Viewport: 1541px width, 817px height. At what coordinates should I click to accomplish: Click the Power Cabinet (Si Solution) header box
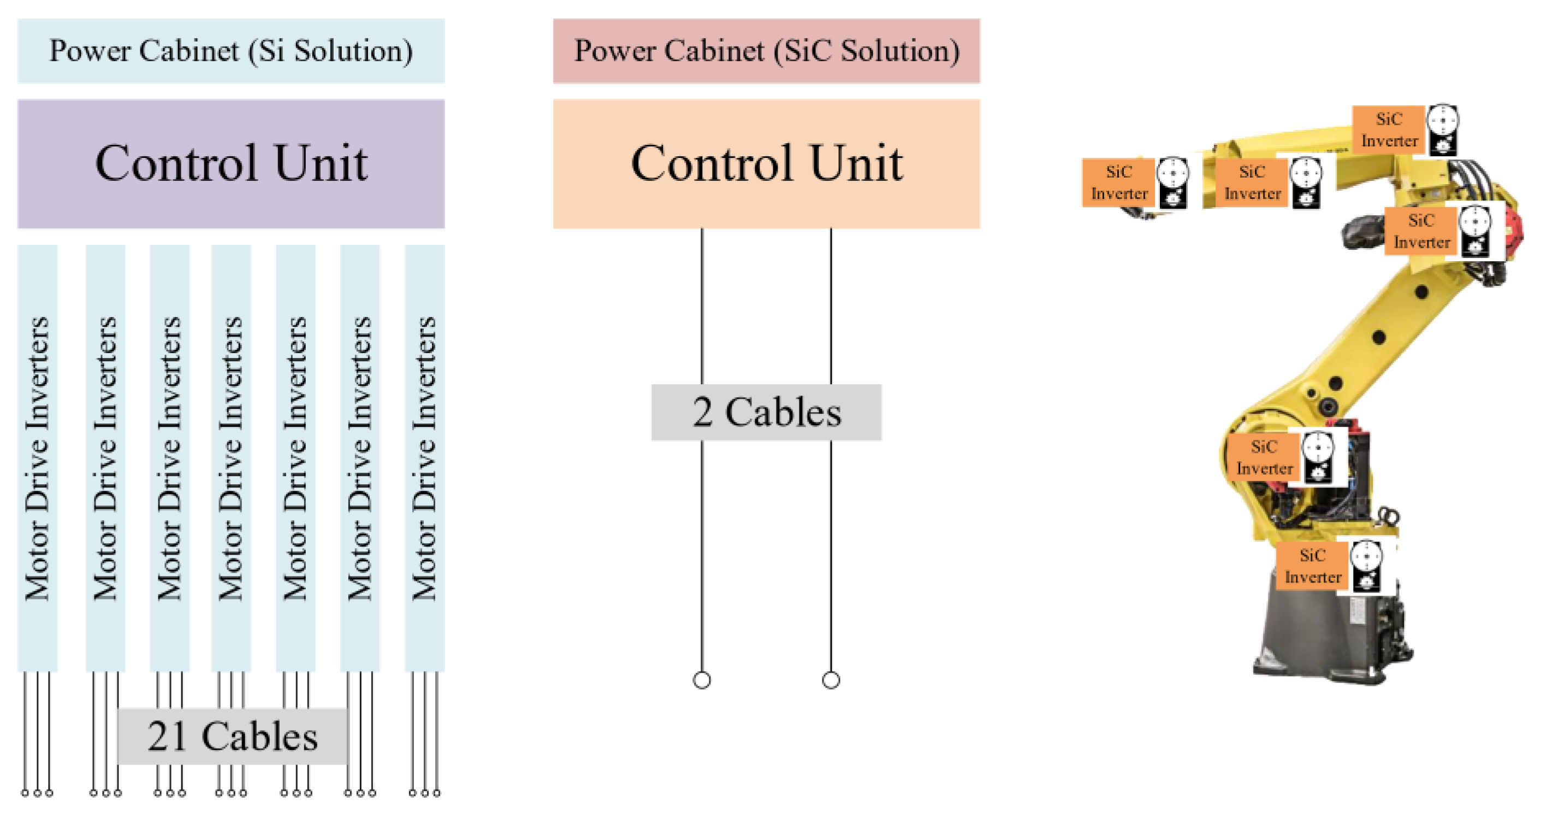coord(231,51)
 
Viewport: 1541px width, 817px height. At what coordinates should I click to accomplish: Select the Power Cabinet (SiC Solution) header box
coord(766,51)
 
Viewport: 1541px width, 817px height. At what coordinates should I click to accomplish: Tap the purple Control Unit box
coord(231,163)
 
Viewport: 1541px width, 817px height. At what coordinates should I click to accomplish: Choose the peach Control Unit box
coord(766,163)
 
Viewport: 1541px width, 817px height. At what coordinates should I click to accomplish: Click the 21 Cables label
coord(232,736)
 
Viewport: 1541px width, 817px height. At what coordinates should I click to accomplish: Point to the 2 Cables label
coord(766,413)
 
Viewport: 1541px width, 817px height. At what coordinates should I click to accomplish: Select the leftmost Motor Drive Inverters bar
coord(37,458)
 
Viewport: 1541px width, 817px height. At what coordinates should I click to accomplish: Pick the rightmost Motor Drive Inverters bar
coord(425,458)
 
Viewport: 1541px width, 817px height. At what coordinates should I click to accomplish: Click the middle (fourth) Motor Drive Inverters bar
coord(231,458)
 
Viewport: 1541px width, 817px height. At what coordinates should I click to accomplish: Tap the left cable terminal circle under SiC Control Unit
coord(702,680)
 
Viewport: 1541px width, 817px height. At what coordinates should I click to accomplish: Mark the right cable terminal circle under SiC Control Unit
coord(831,680)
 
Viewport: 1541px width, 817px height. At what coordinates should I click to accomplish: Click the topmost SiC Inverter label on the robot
coord(1389,130)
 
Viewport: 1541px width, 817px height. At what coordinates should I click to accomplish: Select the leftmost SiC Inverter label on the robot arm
coord(1118,183)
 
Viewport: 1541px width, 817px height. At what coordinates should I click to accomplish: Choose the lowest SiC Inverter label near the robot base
coord(1313,566)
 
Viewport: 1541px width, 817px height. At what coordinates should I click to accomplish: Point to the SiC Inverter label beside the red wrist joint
coord(1421,231)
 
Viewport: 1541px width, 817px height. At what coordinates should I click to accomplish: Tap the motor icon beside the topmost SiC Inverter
coord(1443,131)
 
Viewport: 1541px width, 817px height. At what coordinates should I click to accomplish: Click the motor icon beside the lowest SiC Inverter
coord(1367,566)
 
